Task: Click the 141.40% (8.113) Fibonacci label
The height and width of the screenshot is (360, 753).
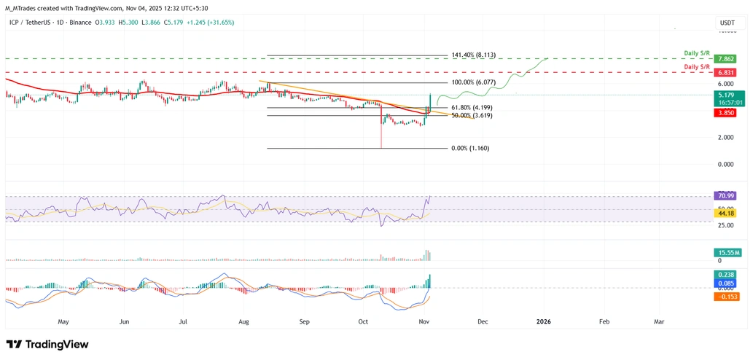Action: [x=474, y=55]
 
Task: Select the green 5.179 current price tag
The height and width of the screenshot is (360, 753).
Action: [x=726, y=95]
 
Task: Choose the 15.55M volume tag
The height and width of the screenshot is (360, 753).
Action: [x=727, y=252]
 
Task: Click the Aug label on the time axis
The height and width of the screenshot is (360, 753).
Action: [x=243, y=321]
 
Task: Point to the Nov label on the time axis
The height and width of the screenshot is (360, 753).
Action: [x=423, y=321]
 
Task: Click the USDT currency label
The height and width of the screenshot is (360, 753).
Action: [x=727, y=23]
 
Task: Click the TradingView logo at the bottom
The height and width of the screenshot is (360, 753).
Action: [x=47, y=344]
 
